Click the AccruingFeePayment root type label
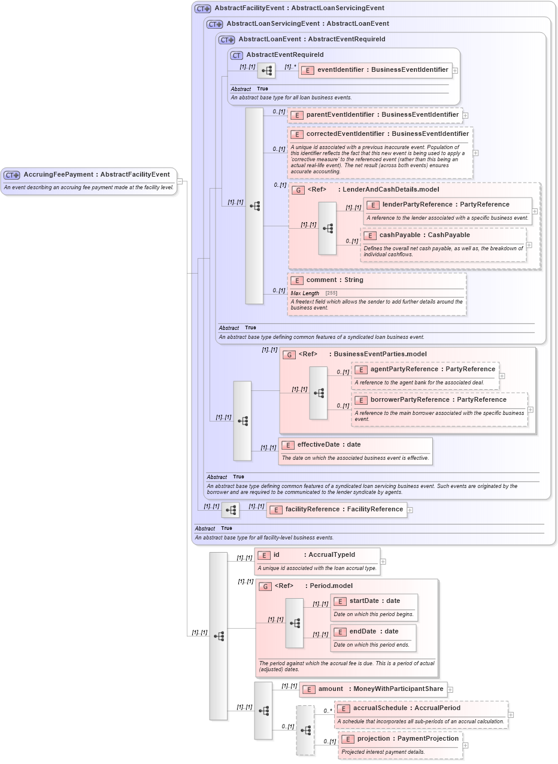pos(96,175)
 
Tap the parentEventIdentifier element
pos(382,115)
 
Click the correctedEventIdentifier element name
pos(387,134)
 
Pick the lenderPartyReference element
pos(445,205)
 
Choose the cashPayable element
pos(424,235)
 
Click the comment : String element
pos(334,280)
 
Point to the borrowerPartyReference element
pos(438,400)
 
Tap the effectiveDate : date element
pos(329,445)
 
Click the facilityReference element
pos(344,510)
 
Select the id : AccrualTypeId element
pos(314,555)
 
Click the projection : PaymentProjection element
pos(407,739)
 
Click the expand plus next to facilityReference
pos(410,511)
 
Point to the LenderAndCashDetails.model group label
pos(390,190)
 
